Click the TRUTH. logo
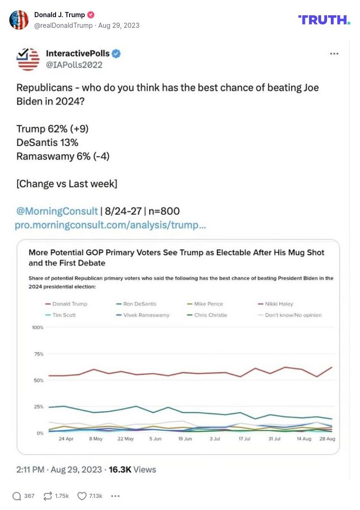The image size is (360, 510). coord(324,19)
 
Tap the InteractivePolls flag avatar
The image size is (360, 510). coord(28,59)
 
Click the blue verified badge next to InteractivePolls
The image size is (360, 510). coord(116,54)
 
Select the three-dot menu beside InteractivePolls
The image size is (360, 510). coord(334,54)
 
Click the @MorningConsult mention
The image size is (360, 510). coord(57,211)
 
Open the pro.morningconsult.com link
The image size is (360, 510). coord(110,225)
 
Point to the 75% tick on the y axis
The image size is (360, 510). coord(38,354)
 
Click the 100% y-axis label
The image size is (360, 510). coord(37,327)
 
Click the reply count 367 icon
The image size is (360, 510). coord(17,496)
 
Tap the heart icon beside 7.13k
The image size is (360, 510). coord(82,496)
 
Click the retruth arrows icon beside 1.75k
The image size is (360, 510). coord(48,496)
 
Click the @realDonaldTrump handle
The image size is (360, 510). coord(63,25)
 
